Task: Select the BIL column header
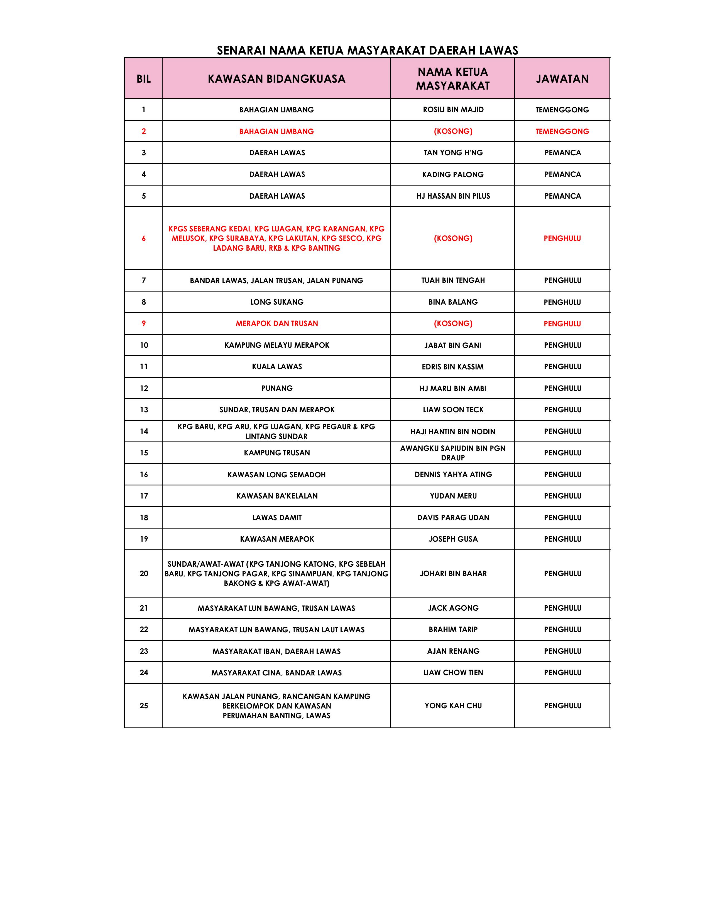(x=143, y=79)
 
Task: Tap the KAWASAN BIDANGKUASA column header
(x=276, y=79)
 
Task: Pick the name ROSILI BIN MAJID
(x=453, y=110)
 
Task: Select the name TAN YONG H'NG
(x=453, y=152)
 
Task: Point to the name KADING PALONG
(x=453, y=174)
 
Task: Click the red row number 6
(x=143, y=238)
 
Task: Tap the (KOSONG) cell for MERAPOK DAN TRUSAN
(x=453, y=324)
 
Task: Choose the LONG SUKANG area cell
(x=276, y=302)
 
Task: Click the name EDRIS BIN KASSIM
(x=453, y=367)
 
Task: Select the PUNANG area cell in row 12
(x=276, y=388)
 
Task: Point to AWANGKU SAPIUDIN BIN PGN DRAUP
(x=453, y=453)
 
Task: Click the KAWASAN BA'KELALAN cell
(x=276, y=496)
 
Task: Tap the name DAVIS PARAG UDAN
(x=453, y=517)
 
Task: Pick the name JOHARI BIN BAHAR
(x=453, y=573)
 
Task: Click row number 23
(x=143, y=651)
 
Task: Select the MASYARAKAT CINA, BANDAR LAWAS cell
(x=276, y=673)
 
